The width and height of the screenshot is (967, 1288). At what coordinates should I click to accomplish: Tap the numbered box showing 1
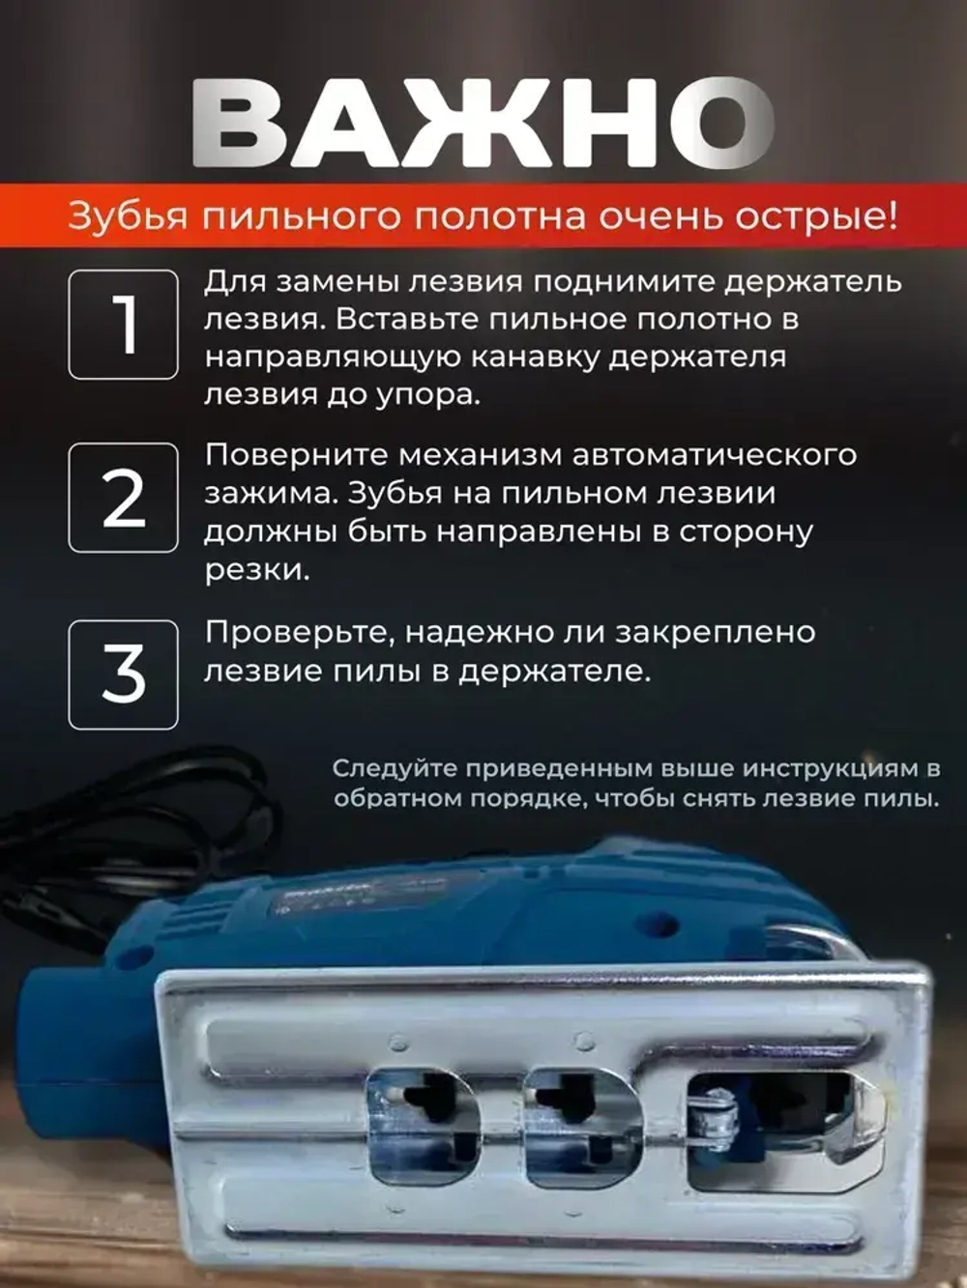(x=123, y=325)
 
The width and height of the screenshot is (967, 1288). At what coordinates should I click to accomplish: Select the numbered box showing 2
(x=123, y=498)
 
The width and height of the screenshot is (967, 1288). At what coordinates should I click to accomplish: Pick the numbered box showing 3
(x=123, y=674)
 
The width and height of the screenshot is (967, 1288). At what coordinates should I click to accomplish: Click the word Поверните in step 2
(x=294, y=455)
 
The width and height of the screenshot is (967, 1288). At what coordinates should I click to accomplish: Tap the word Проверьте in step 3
(x=298, y=633)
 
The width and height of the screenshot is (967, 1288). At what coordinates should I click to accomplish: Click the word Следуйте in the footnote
(x=394, y=769)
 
